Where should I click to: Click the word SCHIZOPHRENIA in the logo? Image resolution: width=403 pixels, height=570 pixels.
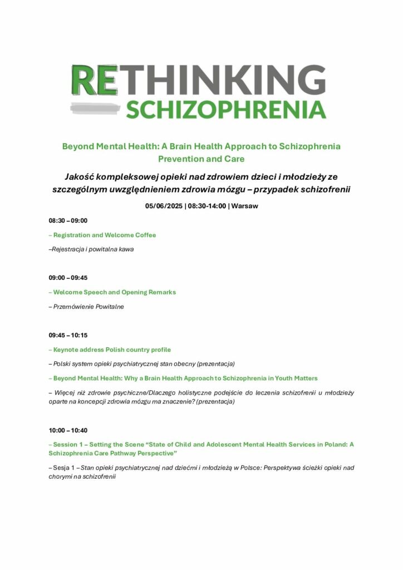[x=225, y=109]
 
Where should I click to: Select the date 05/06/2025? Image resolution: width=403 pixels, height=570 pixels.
[x=164, y=206]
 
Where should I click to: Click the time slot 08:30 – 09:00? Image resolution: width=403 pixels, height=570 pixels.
[x=68, y=220]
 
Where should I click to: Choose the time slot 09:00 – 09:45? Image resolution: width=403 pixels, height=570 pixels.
[x=68, y=278]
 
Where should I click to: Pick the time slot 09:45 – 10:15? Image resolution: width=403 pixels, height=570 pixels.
[x=68, y=335]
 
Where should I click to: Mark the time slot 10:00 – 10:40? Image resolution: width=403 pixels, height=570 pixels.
[x=68, y=430]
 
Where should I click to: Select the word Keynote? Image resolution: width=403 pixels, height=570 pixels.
[x=67, y=350]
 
